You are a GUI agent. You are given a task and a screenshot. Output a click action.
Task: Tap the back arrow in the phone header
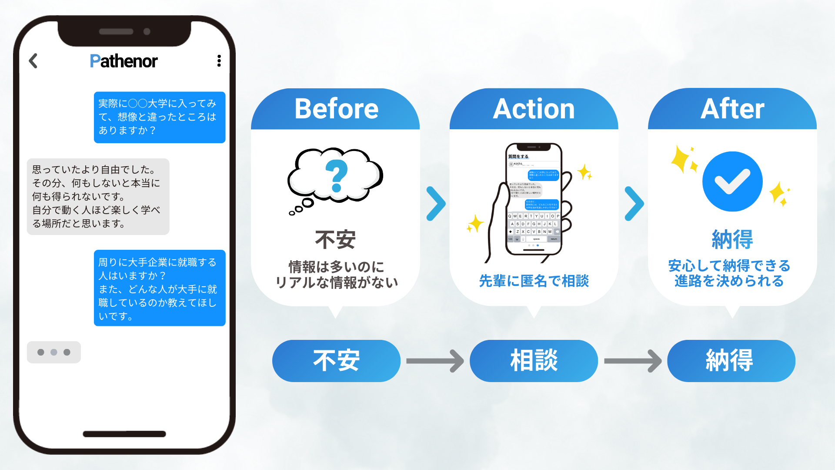tap(33, 61)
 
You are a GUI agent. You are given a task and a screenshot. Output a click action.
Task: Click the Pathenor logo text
tap(124, 61)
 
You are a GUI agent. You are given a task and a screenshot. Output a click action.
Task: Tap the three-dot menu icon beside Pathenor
tap(219, 61)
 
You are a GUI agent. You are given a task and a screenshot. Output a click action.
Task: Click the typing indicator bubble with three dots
tap(53, 352)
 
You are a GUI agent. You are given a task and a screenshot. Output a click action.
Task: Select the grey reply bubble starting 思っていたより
tap(98, 196)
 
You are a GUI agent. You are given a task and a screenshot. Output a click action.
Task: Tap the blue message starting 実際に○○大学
tap(159, 117)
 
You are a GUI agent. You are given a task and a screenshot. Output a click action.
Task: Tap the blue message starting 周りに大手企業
tap(159, 288)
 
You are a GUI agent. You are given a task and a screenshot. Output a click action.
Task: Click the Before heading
tap(336, 109)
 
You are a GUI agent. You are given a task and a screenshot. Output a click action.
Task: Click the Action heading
tap(534, 109)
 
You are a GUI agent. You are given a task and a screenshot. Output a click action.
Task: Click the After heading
tap(732, 109)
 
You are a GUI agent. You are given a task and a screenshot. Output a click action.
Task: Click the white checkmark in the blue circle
tap(732, 181)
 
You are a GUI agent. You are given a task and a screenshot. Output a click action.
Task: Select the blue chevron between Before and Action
tap(435, 203)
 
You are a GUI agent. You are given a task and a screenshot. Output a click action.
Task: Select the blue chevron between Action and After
tap(634, 203)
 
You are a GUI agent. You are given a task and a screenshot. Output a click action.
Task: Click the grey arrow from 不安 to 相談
tap(435, 361)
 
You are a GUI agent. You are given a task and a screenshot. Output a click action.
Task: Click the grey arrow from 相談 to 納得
tap(633, 361)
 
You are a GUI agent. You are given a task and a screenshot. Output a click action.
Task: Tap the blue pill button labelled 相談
tap(534, 361)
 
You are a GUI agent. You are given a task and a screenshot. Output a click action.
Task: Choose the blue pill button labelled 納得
tap(731, 361)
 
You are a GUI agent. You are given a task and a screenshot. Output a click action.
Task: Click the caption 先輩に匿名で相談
tap(534, 281)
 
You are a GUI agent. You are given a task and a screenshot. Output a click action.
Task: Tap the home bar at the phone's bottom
tap(124, 434)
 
